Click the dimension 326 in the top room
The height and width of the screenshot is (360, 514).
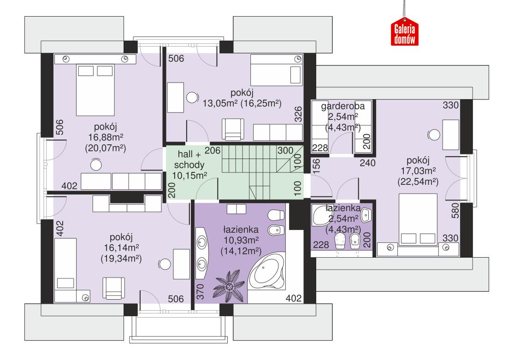coord(299,114)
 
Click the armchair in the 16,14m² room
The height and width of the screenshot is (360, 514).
coord(113,289)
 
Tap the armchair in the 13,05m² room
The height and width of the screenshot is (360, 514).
coord(233,129)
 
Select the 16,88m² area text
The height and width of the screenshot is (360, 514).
coord(107,137)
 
